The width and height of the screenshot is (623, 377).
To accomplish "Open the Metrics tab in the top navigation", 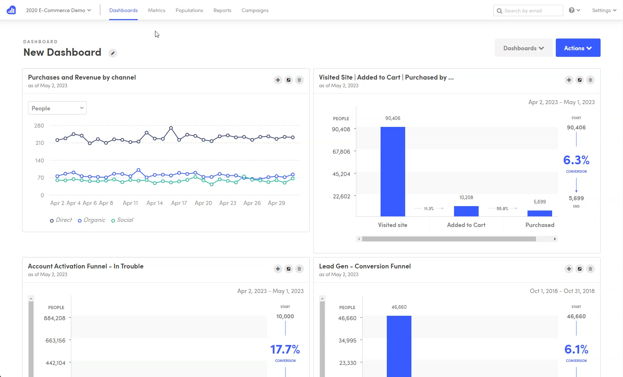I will click(x=156, y=10).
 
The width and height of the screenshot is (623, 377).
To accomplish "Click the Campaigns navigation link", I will click(x=255, y=10).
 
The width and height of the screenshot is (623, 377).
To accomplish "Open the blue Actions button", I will click(x=578, y=48).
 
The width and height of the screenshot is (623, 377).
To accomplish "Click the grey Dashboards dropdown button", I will click(x=523, y=48).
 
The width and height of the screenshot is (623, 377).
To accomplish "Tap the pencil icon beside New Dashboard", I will click(x=113, y=53).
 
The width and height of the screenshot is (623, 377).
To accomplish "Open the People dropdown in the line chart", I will click(x=57, y=108).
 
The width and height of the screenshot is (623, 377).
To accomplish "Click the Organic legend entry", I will click(x=92, y=220).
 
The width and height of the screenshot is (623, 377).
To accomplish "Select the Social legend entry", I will click(x=123, y=220).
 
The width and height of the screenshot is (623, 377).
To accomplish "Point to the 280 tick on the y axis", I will click(x=39, y=126).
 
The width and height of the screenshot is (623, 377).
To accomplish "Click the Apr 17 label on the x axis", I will click(x=179, y=203).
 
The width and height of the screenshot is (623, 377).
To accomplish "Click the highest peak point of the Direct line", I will click(x=171, y=128).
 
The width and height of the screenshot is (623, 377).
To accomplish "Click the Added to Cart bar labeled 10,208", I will click(x=466, y=211).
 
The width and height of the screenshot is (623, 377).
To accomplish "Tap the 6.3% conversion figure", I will click(x=576, y=160).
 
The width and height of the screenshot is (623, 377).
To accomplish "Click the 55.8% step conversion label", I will click(x=502, y=209).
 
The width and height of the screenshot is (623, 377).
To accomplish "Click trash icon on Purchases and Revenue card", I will click(x=299, y=80).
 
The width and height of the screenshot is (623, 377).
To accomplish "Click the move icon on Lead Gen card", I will click(x=569, y=269).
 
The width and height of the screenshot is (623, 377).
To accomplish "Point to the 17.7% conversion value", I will click(x=285, y=349).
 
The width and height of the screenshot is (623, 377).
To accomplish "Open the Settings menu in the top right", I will click(x=604, y=10).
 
